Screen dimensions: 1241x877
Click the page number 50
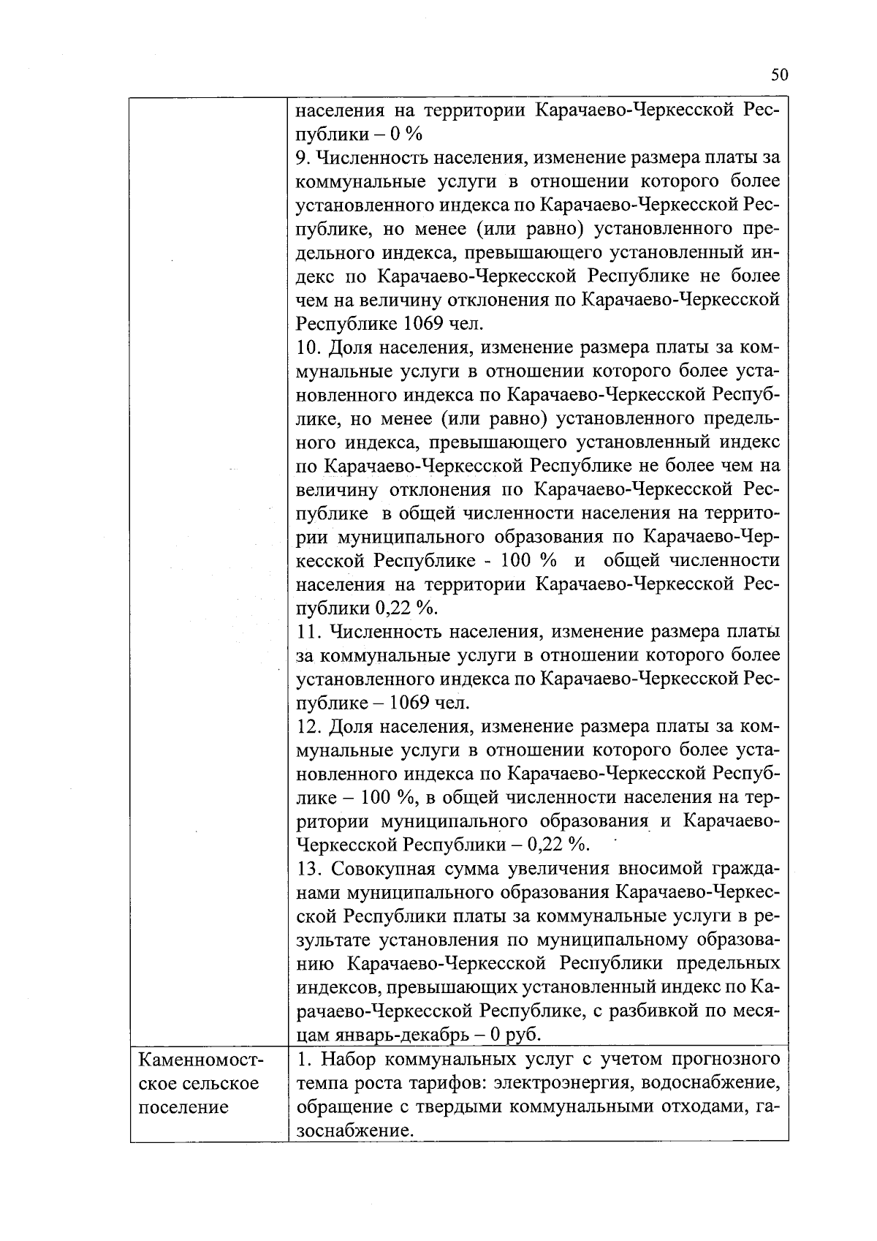click(779, 75)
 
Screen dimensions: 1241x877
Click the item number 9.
click(303, 157)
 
